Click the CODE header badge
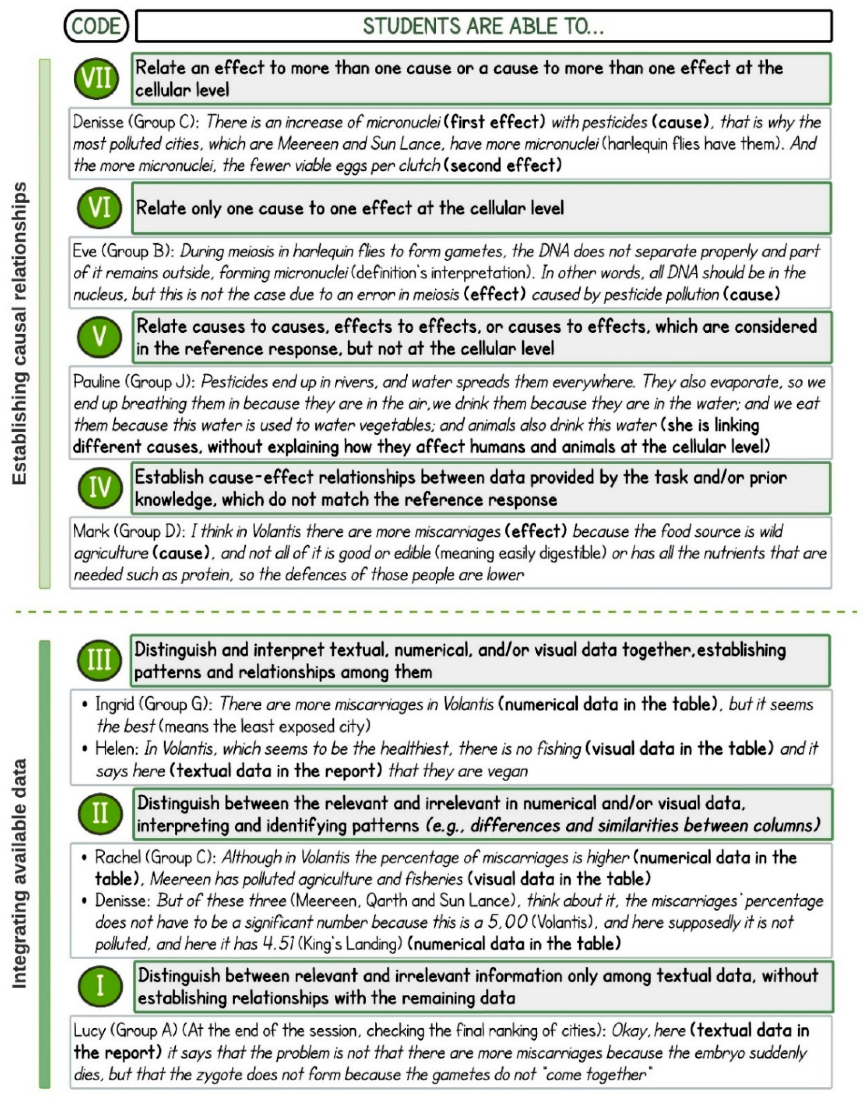coord(96,26)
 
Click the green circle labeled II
coord(100,814)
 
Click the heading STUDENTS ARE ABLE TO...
coord(483,26)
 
